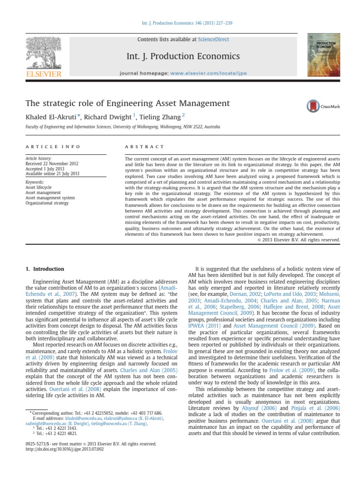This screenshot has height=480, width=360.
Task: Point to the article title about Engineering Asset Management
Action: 127,103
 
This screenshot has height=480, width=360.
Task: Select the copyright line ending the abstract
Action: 299,240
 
